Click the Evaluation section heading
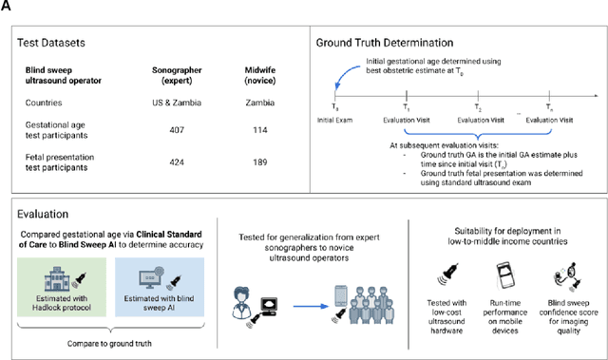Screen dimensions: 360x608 47,215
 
